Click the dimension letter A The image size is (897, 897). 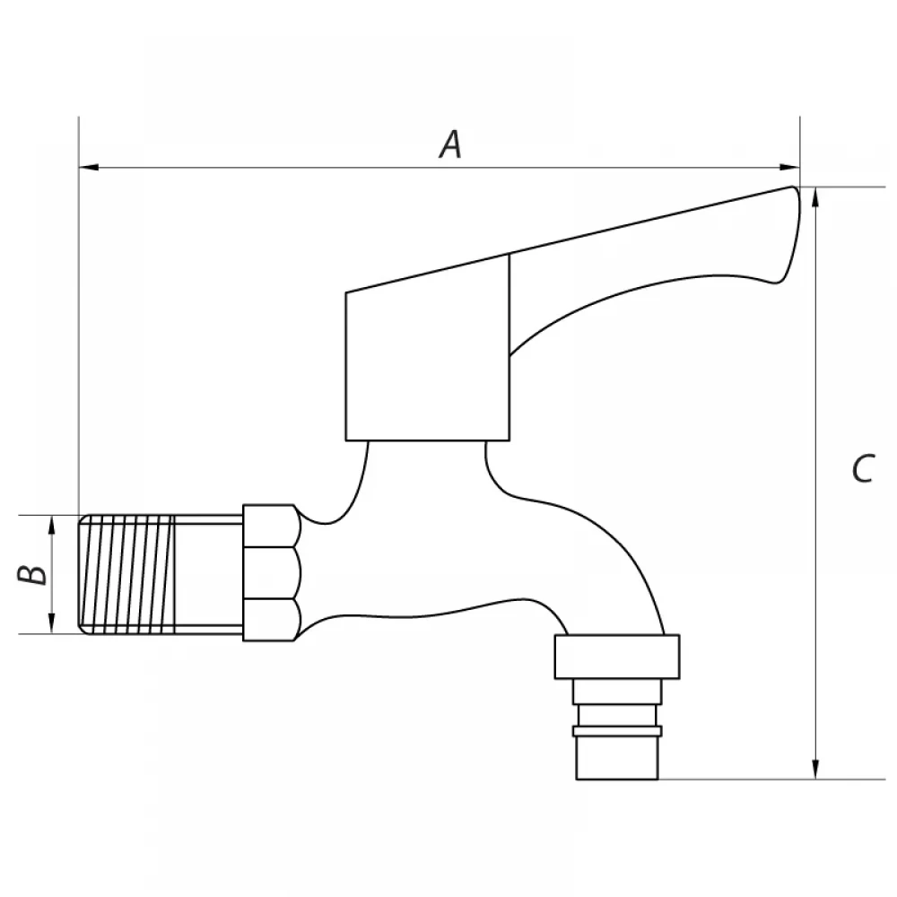(451, 144)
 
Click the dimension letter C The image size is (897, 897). (863, 468)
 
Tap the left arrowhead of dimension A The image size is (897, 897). (89, 167)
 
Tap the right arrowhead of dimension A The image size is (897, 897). (789, 167)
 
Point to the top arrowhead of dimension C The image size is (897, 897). (815, 197)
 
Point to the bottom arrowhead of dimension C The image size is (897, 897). (815, 769)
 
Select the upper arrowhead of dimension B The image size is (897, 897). (51, 525)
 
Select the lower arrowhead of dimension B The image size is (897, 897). (51, 623)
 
